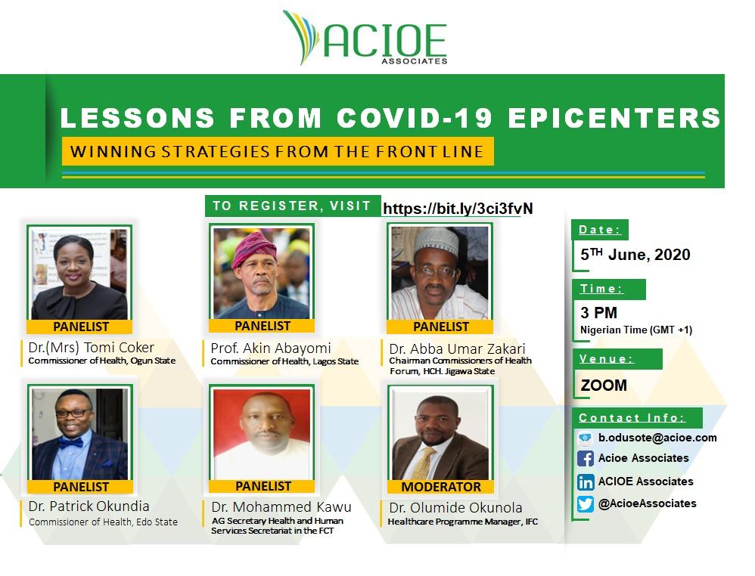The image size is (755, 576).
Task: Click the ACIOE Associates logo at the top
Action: [x=365, y=38]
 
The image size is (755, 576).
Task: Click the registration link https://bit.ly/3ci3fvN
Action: [x=458, y=209]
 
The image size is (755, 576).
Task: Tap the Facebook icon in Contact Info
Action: [x=586, y=458]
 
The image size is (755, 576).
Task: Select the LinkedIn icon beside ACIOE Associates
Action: [x=586, y=482]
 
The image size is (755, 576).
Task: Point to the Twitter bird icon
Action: [x=586, y=504]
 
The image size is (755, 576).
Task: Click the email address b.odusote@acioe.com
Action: [x=657, y=438]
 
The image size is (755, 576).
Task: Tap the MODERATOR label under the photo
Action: [x=441, y=487]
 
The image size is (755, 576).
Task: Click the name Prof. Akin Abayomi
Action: [x=271, y=348]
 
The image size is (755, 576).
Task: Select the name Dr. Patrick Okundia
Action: [x=89, y=506]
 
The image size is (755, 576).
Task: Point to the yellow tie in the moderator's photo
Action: [x=423, y=463]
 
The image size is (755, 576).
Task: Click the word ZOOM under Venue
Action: [x=604, y=386]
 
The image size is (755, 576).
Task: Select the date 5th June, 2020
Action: [x=635, y=254]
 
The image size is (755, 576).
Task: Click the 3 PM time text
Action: [x=598, y=313]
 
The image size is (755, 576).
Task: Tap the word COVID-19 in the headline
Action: [x=414, y=118]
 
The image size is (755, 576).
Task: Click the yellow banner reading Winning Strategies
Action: [x=278, y=151]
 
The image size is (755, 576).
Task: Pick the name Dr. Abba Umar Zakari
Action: [x=457, y=348]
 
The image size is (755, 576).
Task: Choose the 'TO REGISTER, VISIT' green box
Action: [x=293, y=206]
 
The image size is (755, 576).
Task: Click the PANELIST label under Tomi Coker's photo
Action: [x=80, y=327]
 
